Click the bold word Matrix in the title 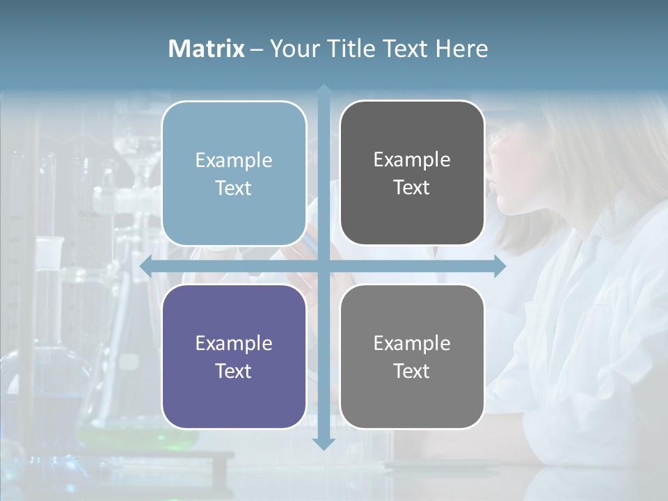pos(206,49)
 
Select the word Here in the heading pos(461,49)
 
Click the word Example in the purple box pos(234,343)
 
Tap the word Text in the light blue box pos(234,188)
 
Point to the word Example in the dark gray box pos(412,159)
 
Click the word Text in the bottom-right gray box pos(412,371)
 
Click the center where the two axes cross pos(324,266)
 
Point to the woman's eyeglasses pos(495,139)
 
